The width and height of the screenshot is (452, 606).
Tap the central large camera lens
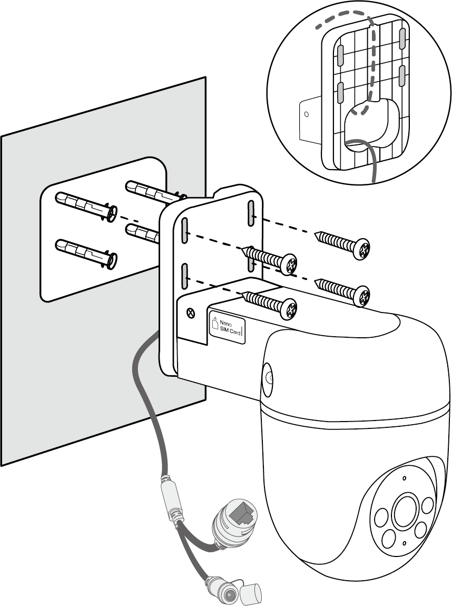[x=405, y=509]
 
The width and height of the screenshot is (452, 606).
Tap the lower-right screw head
[x=361, y=296]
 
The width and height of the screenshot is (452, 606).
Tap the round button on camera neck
[x=269, y=377]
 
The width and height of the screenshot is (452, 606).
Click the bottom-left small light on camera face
[x=389, y=537]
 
